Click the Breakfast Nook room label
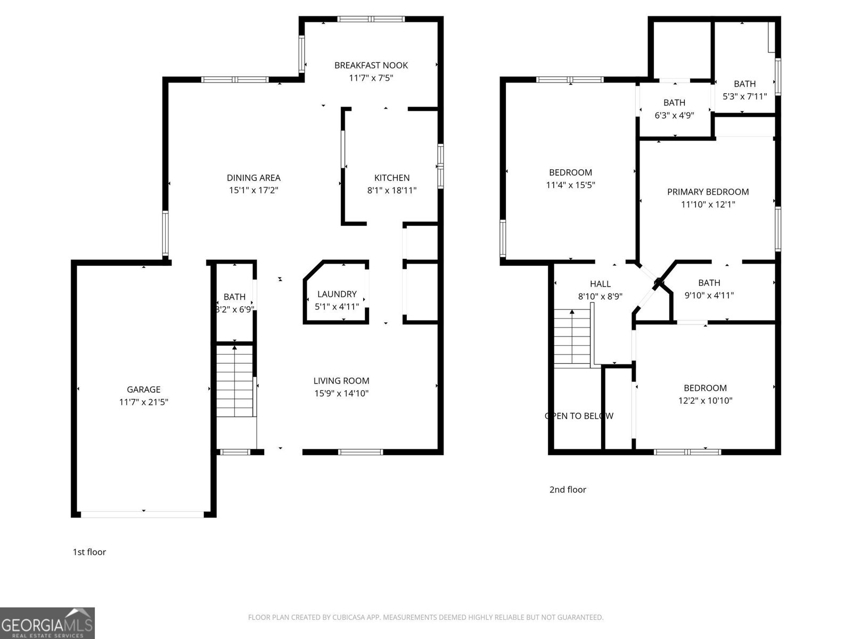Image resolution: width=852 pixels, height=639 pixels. click(371, 65)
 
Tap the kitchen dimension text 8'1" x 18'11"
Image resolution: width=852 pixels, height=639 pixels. click(392, 190)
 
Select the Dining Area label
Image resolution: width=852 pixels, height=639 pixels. click(253, 178)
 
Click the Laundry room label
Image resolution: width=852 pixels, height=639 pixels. click(337, 294)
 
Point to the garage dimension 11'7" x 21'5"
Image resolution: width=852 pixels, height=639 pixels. click(144, 402)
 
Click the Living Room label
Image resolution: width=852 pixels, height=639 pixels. click(341, 381)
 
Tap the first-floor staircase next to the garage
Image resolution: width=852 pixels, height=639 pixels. click(234, 381)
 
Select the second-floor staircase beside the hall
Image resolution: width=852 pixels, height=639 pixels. click(572, 338)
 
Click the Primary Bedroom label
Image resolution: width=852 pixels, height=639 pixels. click(708, 192)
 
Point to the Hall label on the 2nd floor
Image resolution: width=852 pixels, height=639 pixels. click(600, 284)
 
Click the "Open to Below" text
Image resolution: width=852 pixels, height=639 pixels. click(579, 416)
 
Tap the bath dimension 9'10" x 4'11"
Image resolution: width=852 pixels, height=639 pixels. click(709, 295)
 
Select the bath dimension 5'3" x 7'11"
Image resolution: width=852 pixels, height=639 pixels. click(744, 96)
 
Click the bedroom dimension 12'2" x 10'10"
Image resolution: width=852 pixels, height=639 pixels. click(705, 400)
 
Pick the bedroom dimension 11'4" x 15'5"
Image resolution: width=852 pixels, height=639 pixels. click(570, 185)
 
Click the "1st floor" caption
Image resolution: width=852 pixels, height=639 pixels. click(89, 552)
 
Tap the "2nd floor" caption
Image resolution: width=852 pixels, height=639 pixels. click(568, 489)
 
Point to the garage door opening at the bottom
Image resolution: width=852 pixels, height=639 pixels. click(142, 514)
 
